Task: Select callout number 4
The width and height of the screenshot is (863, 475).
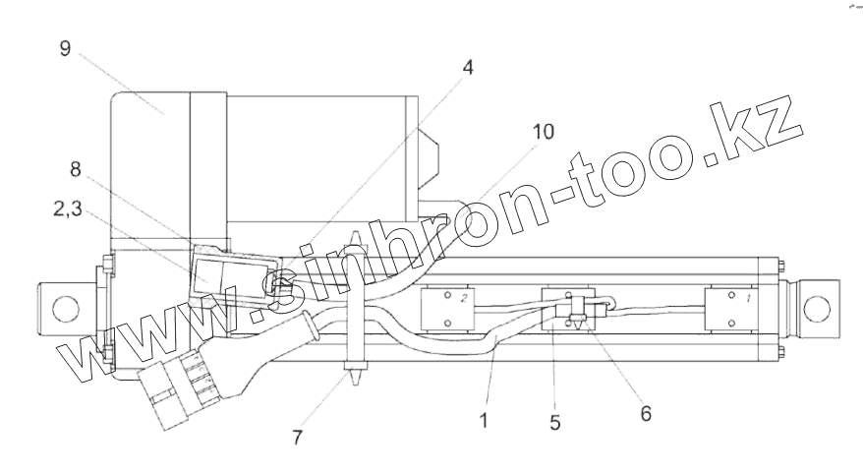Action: [468, 68]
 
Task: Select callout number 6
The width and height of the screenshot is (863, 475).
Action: [644, 414]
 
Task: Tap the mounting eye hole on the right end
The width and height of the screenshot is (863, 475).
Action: [816, 307]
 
